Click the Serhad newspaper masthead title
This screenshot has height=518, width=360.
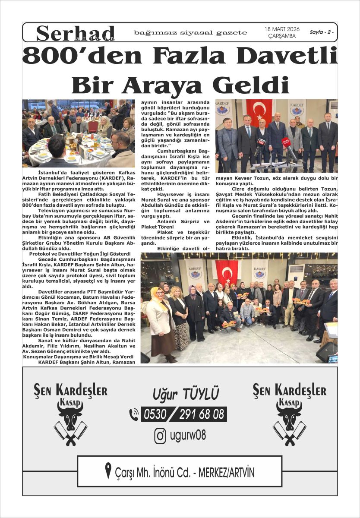76,32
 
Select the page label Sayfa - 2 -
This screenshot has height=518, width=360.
322,32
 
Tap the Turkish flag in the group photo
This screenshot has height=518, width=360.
227,272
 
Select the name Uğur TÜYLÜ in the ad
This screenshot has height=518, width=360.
186,394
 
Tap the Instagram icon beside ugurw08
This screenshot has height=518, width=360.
160,436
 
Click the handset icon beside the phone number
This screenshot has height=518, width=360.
134,414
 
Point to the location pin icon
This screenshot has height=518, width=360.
108,471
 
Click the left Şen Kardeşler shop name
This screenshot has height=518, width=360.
71,391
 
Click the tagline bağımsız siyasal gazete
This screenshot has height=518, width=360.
190,33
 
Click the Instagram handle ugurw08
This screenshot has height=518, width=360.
188,436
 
